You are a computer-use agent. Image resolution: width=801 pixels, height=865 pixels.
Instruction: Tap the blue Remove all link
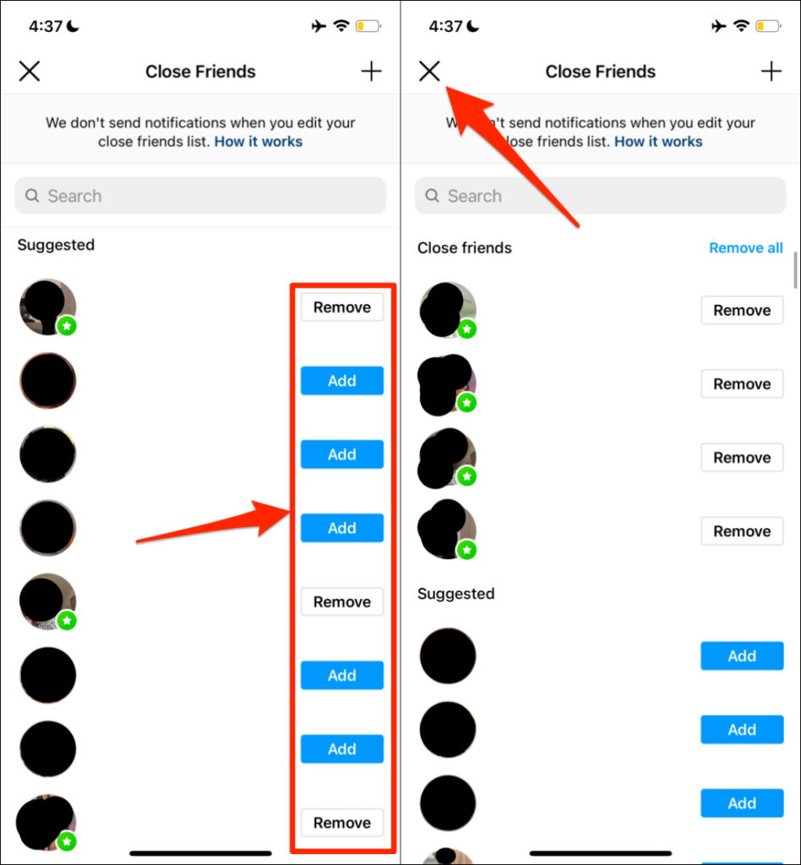point(745,248)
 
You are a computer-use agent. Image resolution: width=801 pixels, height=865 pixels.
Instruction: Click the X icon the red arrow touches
point(429,72)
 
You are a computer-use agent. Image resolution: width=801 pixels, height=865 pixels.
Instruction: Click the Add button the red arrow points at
point(342,528)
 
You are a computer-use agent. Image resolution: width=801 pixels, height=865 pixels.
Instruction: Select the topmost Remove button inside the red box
point(342,307)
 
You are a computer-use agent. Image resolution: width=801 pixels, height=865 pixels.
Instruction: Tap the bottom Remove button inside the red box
point(342,823)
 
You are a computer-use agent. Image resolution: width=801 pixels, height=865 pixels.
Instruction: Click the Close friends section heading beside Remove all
point(465,248)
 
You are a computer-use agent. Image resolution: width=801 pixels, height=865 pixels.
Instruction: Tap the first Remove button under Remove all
point(742,311)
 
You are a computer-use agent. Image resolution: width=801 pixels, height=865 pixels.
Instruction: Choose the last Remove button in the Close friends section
point(742,531)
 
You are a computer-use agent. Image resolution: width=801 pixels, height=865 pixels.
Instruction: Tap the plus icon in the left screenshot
point(372,72)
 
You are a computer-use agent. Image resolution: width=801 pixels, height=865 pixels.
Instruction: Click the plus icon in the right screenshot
point(771,72)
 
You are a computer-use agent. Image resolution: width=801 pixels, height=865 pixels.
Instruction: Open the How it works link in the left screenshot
point(259,142)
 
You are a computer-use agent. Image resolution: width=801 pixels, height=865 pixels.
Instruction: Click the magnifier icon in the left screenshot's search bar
point(33,196)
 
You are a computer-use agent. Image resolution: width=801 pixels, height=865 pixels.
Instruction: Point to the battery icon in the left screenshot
point(368,27)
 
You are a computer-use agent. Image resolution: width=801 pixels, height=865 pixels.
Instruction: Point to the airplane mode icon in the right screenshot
point(719,27)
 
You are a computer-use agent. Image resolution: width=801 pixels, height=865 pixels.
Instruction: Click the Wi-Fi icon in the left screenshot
point(341,27)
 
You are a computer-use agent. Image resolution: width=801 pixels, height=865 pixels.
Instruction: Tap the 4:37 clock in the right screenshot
point(445,27)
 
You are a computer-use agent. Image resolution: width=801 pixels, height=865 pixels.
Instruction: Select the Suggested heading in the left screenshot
point(56,245)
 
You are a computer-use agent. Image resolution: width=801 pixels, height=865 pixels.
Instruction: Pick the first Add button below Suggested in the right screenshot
point(742,656)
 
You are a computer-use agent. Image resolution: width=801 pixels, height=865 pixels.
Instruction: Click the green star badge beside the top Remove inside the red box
point(67,326)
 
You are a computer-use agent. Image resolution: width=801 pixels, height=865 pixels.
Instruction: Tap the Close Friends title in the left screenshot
point(200,72)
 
